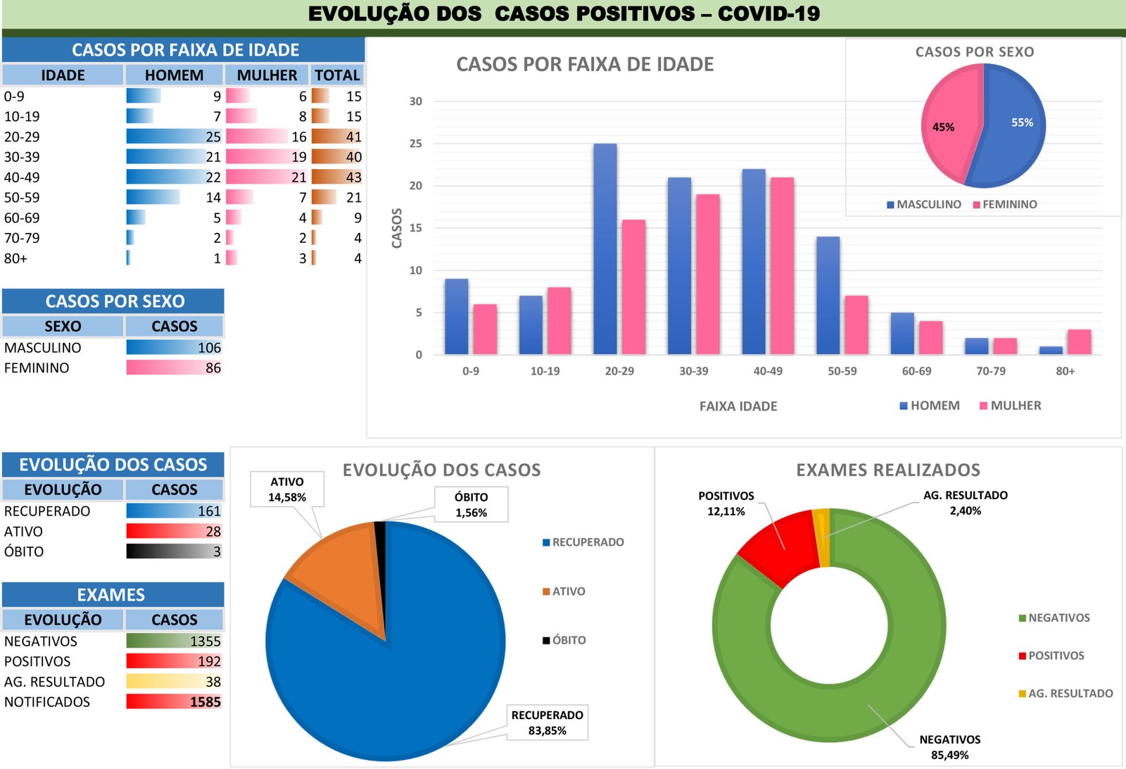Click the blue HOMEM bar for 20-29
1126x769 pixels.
pyautogui.click(x=605, y=249)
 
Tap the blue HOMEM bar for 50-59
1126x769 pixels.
pyautogui.click(x=828, y=296)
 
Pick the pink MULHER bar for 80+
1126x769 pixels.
pyautogui.click(x=1079, y=342)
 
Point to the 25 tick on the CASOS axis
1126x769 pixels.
pyautogui.click(x=416, y=144)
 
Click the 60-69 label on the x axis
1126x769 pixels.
pyautogui.click(x=916, y=371)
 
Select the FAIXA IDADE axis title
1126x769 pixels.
pyautogui.click(x=738, y=406)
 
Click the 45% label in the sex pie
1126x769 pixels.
pyautogui.click(x=943, y=127)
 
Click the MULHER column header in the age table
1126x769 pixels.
pyautogui.click(x=267, y=75)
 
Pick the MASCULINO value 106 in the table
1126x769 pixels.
pyautogui.click(x=209, y=348)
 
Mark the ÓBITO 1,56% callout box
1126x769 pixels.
pyautogui.click(x=471, y=505)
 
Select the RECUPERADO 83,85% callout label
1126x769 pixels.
pyautogui.click(x=547, y=723)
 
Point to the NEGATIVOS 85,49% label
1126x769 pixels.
pyautogui.click(x=949, y=747)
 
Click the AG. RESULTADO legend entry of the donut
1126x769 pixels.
pyautogui.click(x=1065, y=694)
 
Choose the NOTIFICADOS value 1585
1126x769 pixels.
pyautogui.click(x=205, y=702)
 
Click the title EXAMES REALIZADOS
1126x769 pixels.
pyautogui.click(x=888, y=470)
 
